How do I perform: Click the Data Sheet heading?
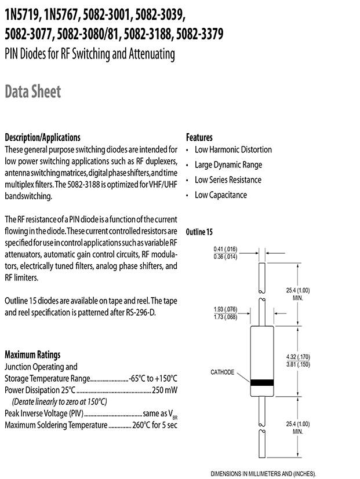[32, 92]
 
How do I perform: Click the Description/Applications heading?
[42, 138]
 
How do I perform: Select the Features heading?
[199, 138]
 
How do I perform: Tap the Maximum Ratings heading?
[32, 354]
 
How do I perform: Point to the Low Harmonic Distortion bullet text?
[233, 149]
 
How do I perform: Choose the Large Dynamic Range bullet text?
[228, 164]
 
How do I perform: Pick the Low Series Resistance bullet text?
[228, 180]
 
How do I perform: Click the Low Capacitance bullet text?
[221, 195]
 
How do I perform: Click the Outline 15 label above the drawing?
[199, 232]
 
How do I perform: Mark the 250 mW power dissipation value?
[164, 390]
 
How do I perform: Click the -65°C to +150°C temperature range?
[153, 378]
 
